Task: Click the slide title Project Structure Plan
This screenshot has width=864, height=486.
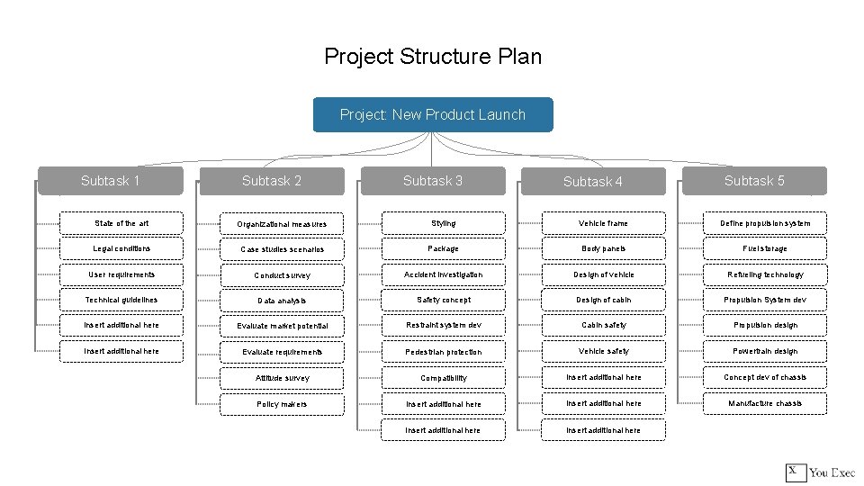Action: point(433,57)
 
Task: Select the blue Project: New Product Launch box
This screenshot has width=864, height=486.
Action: point(433,114)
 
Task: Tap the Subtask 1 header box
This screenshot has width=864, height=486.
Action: point(110,181)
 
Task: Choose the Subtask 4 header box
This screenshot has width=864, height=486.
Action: point(593,182)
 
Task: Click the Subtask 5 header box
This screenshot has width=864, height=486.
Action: point(754,181)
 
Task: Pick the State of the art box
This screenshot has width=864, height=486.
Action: point(121,223)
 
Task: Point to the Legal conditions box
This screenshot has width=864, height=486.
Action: point(121,248)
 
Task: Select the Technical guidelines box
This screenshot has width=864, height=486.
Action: point(121,300)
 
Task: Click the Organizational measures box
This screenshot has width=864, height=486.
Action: point(283,224)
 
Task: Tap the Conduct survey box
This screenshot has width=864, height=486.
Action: point(283,275)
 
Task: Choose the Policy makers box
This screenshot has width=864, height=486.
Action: point(283,404)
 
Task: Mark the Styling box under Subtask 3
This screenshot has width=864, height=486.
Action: point(444,223)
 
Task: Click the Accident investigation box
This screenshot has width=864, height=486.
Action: point(444,274)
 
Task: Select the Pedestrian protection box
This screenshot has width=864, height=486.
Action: point(444,352)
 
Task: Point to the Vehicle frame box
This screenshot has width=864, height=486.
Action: point(604,223)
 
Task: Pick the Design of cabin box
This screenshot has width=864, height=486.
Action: point(604,300)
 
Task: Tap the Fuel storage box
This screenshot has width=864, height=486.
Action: point(764,248)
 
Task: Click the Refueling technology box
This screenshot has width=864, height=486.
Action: point(764,274)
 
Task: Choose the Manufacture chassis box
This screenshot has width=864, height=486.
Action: point(764,403)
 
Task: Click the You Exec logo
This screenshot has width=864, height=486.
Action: point(820,472)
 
